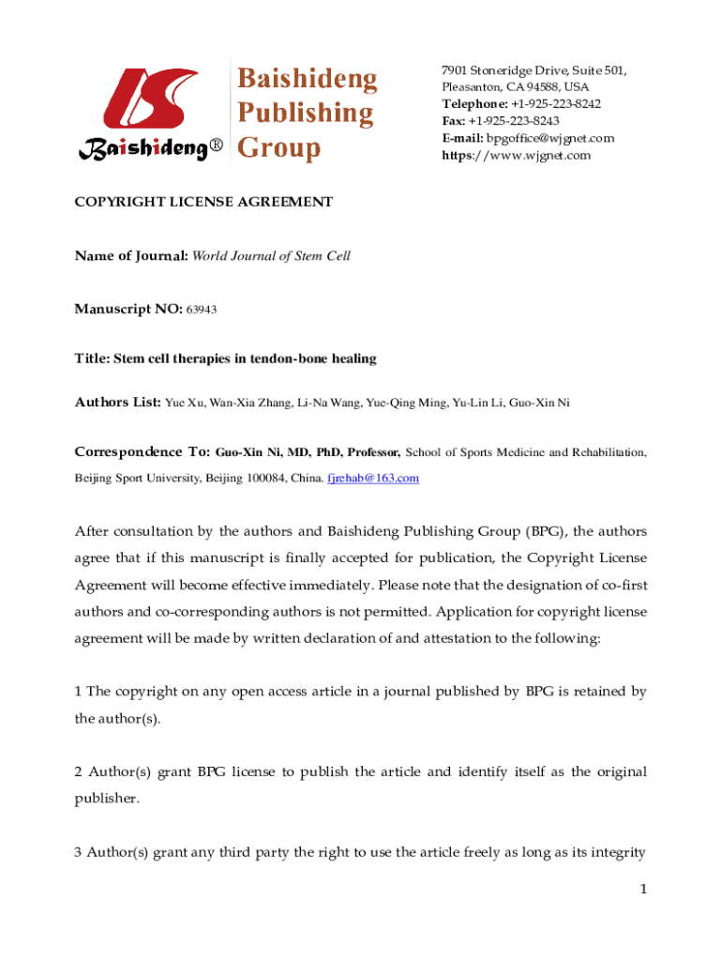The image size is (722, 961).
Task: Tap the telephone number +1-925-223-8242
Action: pyautogui.click(x=556, y=104)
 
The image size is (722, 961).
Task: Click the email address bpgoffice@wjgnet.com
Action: pyautogui.click(x=549, y=138)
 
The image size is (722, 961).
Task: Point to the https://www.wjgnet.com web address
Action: pyautogui.click(x=517, y=155)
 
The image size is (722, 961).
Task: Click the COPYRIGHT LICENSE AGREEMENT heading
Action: pyautogui.click(x=203, y=202)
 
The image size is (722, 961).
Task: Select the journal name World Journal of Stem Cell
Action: pyautogui.click(x=271, y=255)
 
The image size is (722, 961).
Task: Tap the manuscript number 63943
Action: pyautogui.click(x=202, y=309)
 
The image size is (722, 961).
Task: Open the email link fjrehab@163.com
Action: pyautogui.click(x=372, y=479)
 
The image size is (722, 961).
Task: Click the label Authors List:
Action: pyautogui.click(x=118, y=403)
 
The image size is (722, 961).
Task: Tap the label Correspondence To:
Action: pyautogui.click(x=142, y=452)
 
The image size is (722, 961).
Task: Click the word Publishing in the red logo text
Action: pyautogui.click(x=304, y=114)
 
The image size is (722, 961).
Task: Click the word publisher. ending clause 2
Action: pyautogui.click(x=107, y=799)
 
